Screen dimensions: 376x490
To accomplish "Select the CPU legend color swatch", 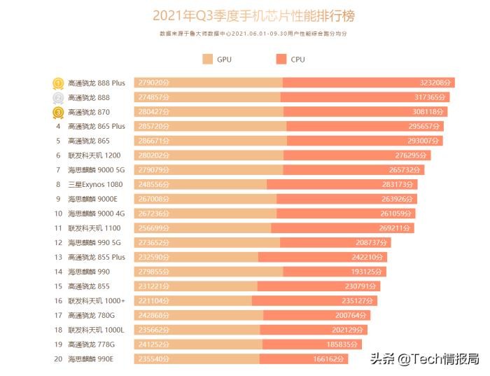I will [x=281, y=60].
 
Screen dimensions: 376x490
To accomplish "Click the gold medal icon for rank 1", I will [x=59, y=83].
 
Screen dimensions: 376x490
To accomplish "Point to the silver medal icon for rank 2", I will [x=59, y=97].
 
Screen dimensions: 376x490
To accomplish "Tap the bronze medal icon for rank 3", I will [x=59, y=112].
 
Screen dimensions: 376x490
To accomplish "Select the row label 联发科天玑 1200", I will [x=94, y=155].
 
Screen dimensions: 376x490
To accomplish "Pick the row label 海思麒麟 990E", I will [x=90, y=358].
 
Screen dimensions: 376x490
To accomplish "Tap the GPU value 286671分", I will [x=154, y=141].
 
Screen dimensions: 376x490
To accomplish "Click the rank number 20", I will [x=59, y=358].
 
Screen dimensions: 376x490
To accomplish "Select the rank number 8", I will [x=59, y=184].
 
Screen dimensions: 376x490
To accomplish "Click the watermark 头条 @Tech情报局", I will [x=428, y=358].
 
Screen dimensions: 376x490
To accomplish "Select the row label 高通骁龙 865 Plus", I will [x=97, y=127].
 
